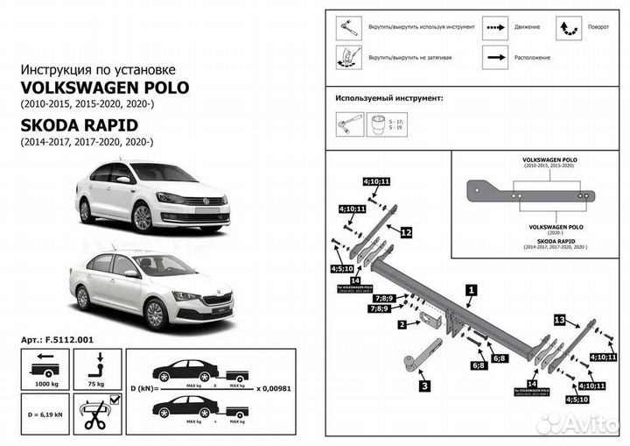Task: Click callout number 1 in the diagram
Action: (471, 289)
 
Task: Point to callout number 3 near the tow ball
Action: (423, 385)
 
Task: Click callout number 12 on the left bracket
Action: (405, 232)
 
